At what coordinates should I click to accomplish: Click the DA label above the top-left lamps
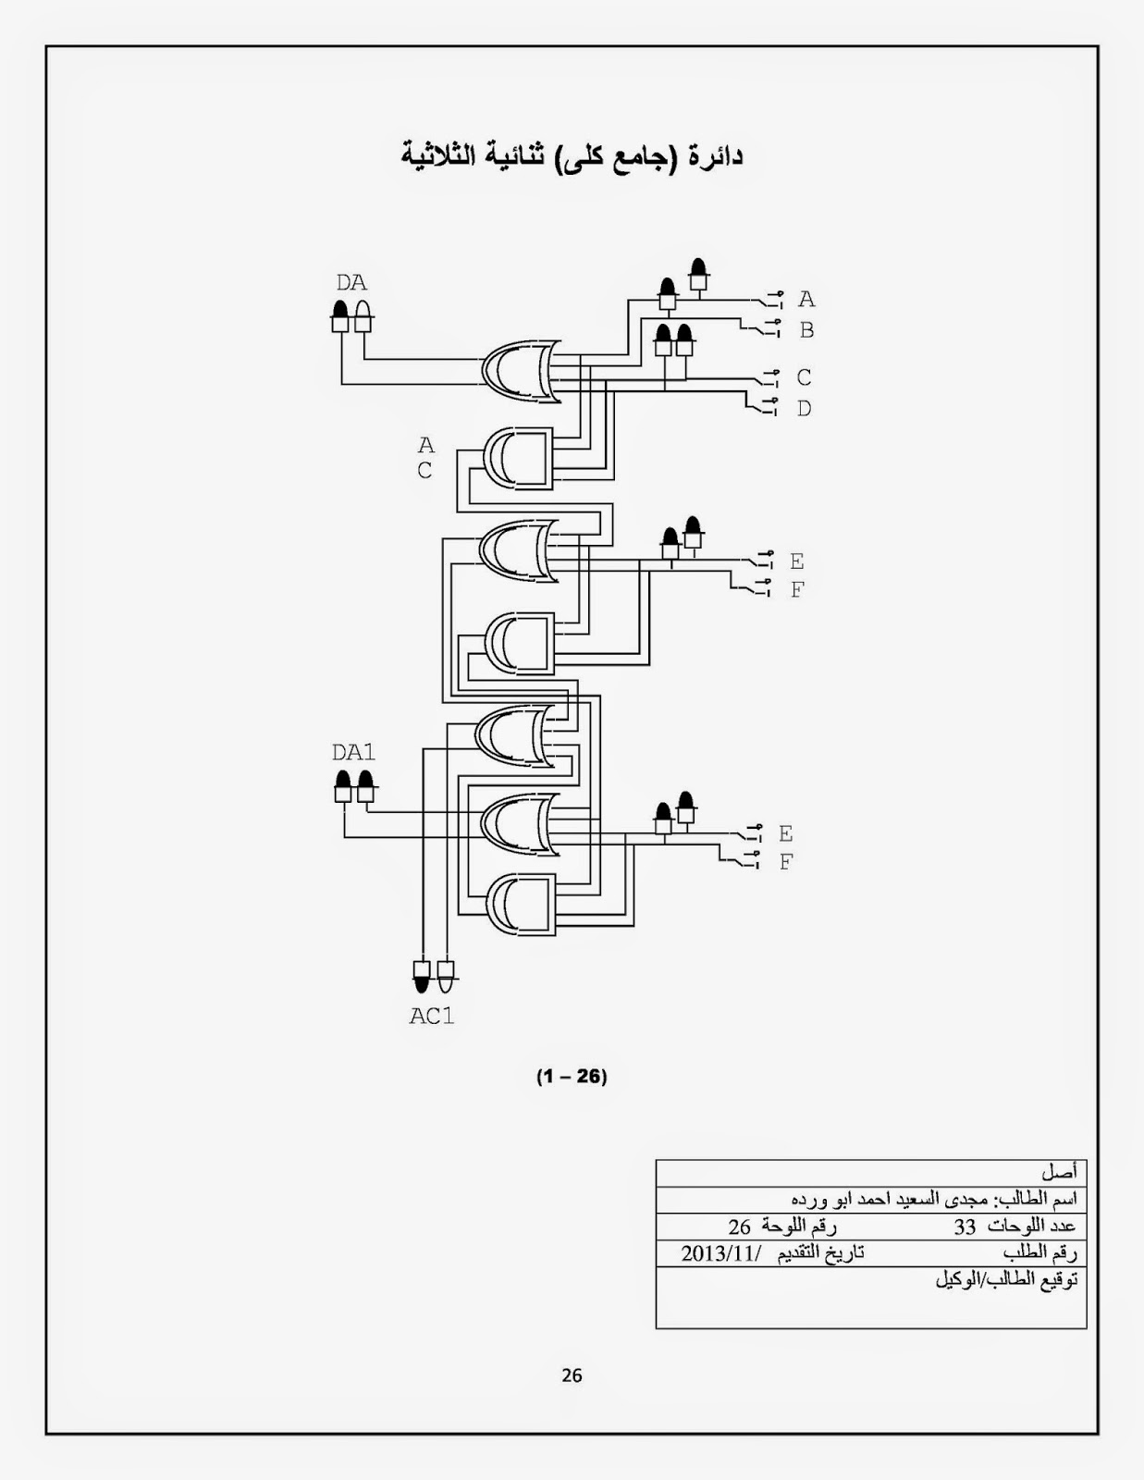click(351, 283)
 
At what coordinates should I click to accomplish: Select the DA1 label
click(353, 752)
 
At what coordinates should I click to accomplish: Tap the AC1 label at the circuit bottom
click(432, 1016)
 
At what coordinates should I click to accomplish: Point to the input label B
click(806, 330)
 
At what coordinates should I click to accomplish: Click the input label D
click(804, 408)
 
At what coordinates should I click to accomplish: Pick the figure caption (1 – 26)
click(572, 1076)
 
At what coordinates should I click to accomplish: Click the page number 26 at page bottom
click(572, 1375)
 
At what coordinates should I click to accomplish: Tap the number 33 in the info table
click(965, 1227)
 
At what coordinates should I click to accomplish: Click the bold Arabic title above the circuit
click(572, 155)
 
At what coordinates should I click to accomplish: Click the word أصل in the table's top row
click(1059, 1173)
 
